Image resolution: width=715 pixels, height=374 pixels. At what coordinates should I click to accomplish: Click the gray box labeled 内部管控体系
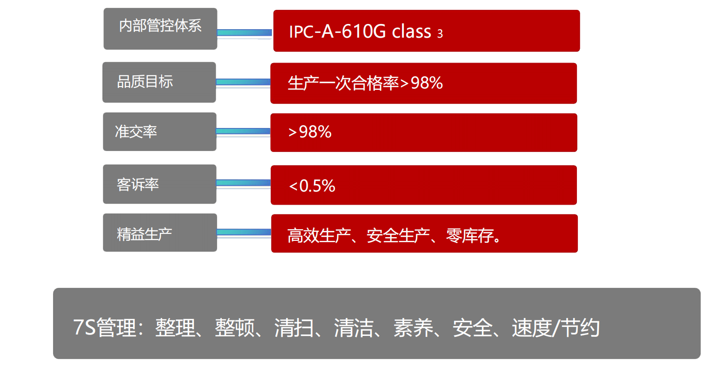tap(160, 29)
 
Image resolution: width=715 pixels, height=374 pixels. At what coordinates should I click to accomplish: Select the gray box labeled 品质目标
tap(159, 82)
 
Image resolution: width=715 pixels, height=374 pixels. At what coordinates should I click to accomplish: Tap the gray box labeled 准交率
tap(160, 132)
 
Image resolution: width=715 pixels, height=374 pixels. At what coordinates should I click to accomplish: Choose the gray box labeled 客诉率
tap(160, 184)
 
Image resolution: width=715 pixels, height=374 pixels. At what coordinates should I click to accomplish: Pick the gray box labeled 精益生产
tap(160, 232)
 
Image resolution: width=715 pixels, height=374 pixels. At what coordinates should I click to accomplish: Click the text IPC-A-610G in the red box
tap(337, 32)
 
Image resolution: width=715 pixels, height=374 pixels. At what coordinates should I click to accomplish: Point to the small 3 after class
tap(440, 34)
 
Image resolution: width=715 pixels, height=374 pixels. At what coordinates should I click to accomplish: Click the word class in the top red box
tap(412, 32)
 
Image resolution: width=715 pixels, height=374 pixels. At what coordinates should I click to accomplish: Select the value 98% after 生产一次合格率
tap(427, 83)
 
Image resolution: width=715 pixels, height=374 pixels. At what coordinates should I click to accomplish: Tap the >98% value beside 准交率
tap(310, 132)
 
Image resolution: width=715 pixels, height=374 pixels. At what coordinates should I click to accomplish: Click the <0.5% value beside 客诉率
tap(312, 186)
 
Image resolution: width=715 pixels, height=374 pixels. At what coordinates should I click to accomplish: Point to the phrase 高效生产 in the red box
tap(319, 236)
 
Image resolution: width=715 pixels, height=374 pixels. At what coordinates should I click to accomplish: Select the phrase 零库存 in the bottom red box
tap(469, 236)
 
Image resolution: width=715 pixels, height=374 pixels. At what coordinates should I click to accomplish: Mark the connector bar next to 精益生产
tap(244, 232)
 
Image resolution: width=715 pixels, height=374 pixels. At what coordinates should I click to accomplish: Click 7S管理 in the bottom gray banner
tap(105, 327)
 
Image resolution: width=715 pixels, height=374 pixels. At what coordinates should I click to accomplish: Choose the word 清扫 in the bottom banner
tap(294, 327)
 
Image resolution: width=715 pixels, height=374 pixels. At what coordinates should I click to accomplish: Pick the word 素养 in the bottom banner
tap(413, 327)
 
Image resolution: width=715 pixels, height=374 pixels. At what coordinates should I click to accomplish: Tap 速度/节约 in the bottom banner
tap(556, 327)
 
